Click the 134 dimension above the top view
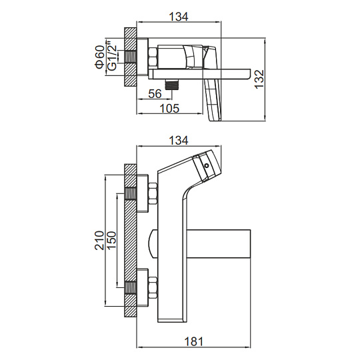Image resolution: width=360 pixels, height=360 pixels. (179, 17)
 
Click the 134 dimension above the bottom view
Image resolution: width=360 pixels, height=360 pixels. (179, 141)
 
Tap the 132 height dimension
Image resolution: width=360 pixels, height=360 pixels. (260, 79)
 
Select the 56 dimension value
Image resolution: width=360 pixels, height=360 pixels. (155, 94)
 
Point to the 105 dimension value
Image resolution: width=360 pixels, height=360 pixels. (169, 109)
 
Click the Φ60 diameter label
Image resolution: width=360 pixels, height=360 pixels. (100, 57)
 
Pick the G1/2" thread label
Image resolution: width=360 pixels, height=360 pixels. (112, 55)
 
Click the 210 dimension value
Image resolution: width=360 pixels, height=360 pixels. (99, 241)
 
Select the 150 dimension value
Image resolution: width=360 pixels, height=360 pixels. (111, 241)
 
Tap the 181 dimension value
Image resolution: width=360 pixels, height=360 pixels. (194, 341)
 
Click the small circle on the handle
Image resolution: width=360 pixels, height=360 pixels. (206, 165)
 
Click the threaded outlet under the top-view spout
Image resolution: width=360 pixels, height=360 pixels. (172, 85)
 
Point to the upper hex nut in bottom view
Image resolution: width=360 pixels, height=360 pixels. (153, 193)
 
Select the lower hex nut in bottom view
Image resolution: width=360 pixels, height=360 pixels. (153, 287)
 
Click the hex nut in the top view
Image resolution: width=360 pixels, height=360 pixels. (153, 57)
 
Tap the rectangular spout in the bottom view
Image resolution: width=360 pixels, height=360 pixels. (219, 243)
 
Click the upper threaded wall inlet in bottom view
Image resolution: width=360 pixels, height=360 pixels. (131, 193)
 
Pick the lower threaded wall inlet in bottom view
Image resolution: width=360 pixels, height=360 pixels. (131, 287)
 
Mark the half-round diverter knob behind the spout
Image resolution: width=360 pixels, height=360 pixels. (153, 243)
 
